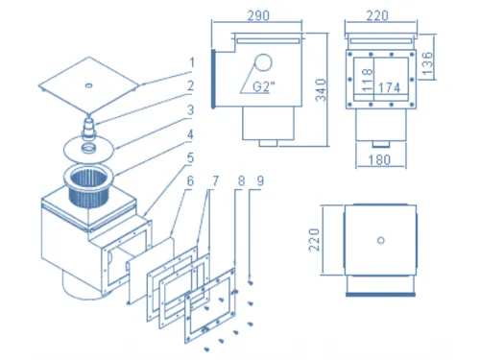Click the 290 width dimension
coord(258,15)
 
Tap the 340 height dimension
coord(321,90)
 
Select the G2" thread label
coord(264,86)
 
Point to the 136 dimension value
coord(427,63)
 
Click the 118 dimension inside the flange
coord(368,79)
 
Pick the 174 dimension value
coord(389,87)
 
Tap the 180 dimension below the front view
coord(379,159)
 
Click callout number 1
coord(192,62)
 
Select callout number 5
coord(190,157)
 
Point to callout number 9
coord(260,181)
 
